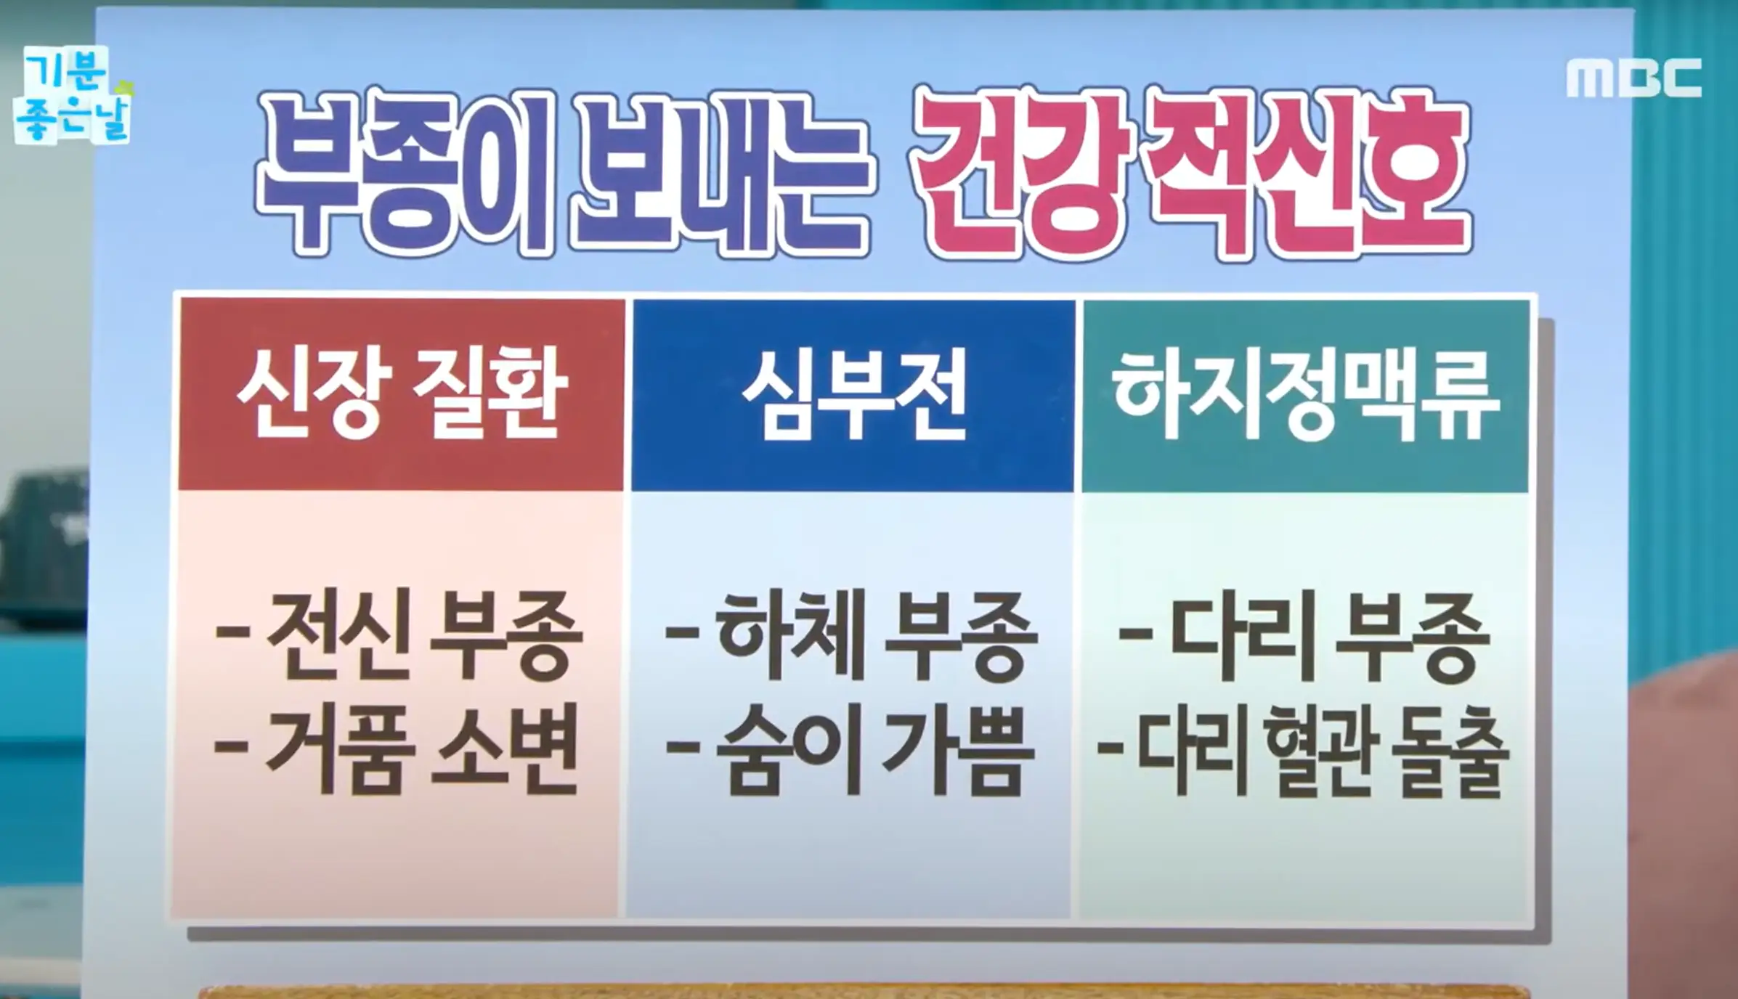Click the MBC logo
[1633, 78]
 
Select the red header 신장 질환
[402, 395]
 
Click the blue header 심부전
[853, 396]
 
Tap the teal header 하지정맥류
[1305, 396]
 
